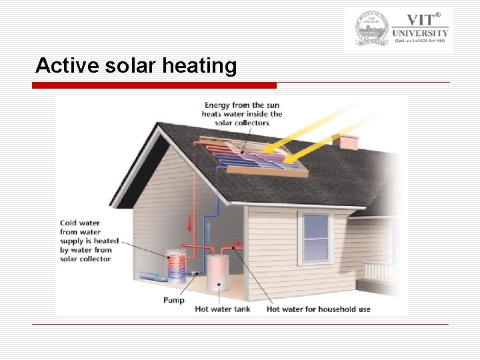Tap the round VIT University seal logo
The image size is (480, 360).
coord(371,29)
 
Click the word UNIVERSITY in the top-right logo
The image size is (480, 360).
coord(421,33)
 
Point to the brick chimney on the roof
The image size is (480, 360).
coord(345,141)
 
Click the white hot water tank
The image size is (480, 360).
coord(217,270)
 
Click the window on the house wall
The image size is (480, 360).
coord(315,237)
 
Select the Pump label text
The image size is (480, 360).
coord(174,300)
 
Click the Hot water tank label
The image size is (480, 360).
coord(222,309)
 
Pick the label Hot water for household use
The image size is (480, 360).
coord(318,309)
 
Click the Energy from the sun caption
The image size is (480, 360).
coord(242,114)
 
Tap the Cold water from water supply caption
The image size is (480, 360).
coord(89,241)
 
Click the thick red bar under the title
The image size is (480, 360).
coord(154,85)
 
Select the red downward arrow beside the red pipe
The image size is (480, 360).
coord(190,219)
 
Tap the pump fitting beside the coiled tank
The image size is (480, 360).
coord(195,273)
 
